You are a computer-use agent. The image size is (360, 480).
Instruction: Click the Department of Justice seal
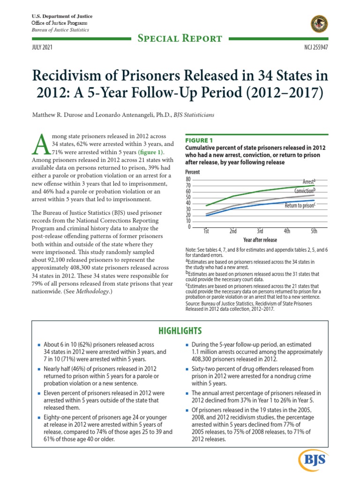coord(320,24)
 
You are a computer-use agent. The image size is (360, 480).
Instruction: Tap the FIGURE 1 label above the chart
coord(199,140)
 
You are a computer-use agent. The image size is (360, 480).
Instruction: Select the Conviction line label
coord(304,190)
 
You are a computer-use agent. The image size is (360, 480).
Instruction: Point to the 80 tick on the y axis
coord(188,180)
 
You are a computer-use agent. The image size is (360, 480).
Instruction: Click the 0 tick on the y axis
coord(190,227)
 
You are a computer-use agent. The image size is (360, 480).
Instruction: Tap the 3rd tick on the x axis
coord(260,232)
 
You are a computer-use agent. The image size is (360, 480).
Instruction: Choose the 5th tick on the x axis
coord(314,232)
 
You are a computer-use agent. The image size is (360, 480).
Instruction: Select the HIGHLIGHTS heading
coord(180,330)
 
